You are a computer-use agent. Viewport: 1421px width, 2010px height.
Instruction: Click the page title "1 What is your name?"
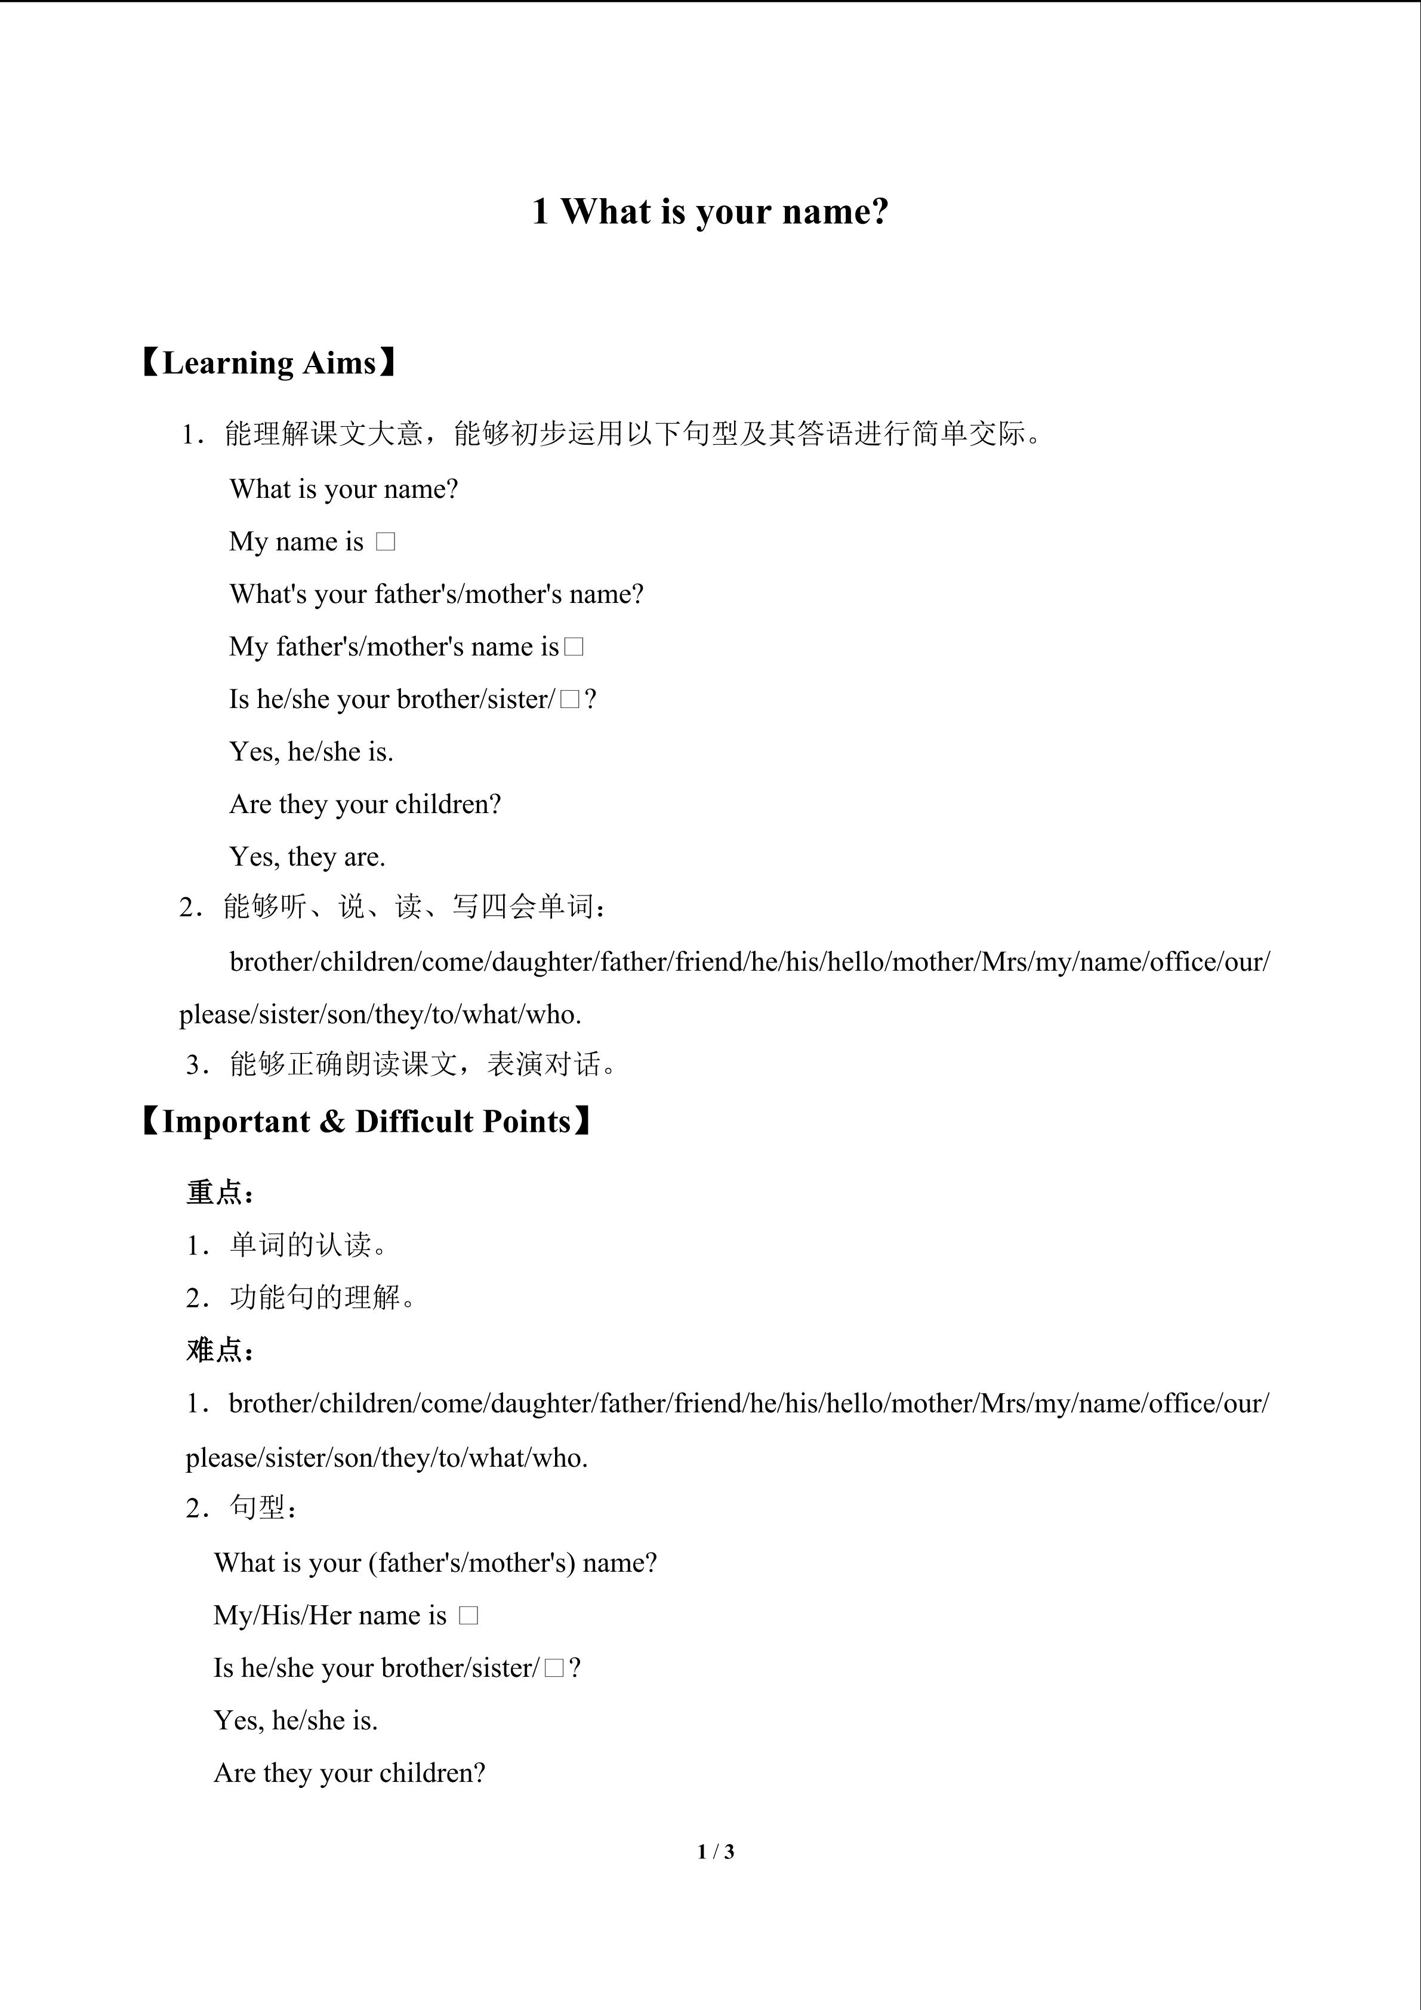(x=710, y=212)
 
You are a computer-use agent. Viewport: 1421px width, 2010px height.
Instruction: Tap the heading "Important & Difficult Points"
(x=366, y=1122)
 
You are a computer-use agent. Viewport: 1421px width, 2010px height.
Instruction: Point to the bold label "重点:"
(x=220, y=1192)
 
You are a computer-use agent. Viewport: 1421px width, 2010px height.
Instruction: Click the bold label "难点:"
(x=220, y=1350)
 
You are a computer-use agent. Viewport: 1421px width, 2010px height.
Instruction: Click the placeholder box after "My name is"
(x=385, y=542)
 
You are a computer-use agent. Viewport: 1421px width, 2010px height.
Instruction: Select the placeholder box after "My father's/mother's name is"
(x=574, y=647)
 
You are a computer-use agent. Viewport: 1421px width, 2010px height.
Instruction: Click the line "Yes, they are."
(x=307, y=857)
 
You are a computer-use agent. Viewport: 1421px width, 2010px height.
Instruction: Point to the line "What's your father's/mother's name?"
(x=436, y=595)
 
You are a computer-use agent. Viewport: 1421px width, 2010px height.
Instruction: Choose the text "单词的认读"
(x=301, y=1245)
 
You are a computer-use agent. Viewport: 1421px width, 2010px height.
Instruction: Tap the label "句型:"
(x=263, y=1507)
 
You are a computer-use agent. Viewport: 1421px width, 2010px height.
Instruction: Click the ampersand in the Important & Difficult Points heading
(x=332, y=1122)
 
